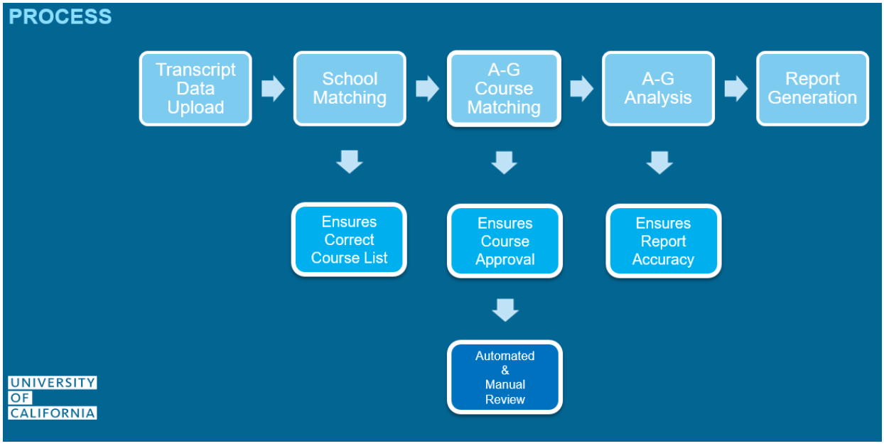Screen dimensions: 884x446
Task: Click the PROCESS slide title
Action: [x=60, y=16]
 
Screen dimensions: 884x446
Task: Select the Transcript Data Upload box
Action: [x=195, y=89]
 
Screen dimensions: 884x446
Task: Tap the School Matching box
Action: [x=350, y=89]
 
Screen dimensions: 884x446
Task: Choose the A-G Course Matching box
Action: [x=504, y=89]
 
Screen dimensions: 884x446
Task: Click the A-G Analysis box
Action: [x=658, y=89]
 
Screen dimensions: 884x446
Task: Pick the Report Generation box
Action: [x=812, y=89]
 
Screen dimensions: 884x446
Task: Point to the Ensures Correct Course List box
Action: [x=349, y=240]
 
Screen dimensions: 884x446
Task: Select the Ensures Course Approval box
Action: [x=505, y=241]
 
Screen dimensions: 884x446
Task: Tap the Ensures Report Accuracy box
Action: [x=664, y=241]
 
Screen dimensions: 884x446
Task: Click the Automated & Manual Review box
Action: [x=505, y=377]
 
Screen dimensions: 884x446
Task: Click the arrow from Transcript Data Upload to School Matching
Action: [x=273, y=89]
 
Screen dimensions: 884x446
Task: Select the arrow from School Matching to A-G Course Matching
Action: [x=427, y=89]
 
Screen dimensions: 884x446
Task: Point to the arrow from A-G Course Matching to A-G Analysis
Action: [x=582, y=89]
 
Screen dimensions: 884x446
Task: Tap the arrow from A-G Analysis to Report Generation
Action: [x=736, y=89]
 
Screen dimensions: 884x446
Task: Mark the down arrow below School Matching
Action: [x=350, y=162]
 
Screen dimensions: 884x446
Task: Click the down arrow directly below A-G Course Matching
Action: [x=505, y=163]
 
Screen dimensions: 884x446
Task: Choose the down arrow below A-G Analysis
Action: [x=659, y=163]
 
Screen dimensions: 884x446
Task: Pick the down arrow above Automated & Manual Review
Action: [x=505, y=310]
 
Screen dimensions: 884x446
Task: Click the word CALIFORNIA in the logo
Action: [x=53, y=413]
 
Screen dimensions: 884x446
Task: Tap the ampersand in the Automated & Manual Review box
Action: [x=505, y=370]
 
